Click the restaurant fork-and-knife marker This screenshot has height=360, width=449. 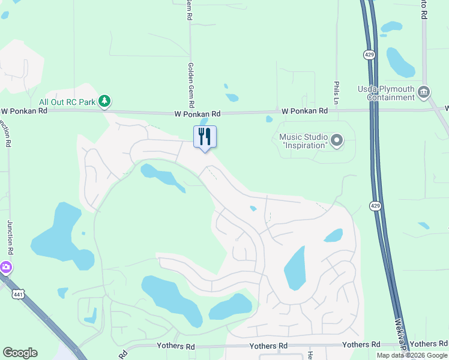205,137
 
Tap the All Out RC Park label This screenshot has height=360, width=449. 67,102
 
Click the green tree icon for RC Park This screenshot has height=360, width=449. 105,101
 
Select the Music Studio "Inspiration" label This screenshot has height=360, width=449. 303,141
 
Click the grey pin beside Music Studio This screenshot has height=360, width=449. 337,142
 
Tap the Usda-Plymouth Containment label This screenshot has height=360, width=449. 386,93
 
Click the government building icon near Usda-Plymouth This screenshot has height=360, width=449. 424,92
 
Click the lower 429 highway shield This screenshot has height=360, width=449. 375,205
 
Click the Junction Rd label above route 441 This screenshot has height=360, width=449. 10,237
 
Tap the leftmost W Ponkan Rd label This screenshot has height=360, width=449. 24,111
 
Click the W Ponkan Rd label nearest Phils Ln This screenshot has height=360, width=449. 305,111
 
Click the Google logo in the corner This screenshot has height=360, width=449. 20,353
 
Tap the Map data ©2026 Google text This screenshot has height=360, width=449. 412,355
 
